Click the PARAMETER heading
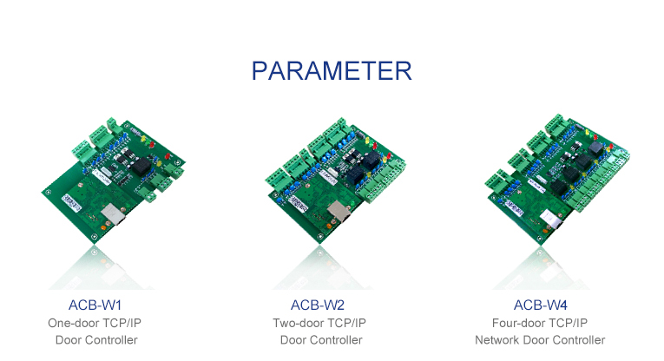(x=332, y=70)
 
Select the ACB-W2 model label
(x=318, y=305)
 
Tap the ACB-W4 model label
(x=540, y=305)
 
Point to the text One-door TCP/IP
(x=96, y=323)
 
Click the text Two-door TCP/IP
(x=319, y=323)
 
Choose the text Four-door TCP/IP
(x=540, y=323)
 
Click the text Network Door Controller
(x=540, y=340)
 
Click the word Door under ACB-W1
(x=69, y=340)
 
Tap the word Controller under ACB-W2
(x=335, y=340)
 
